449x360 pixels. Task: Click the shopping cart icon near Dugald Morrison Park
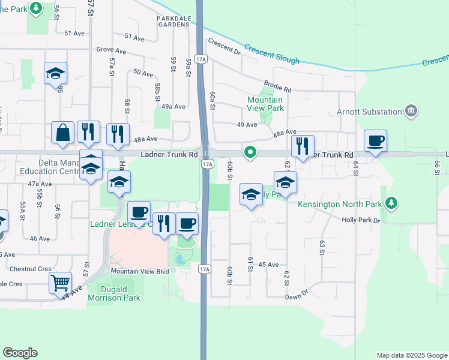tap(60, 281)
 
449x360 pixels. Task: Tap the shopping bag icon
tap(63, 133)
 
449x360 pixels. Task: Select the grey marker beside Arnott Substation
tap(411, 110)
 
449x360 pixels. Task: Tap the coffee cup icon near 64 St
tap(375, 141)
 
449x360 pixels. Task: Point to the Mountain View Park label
tap(266, 104)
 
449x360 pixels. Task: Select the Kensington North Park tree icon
tap(391, 203)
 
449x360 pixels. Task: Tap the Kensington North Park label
tap(340, 204)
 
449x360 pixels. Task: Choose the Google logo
tap(20, 353)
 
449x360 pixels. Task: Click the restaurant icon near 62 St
tap(301, 145)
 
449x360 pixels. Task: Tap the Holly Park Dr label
tap(361, 220)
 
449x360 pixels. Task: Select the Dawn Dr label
tap(297, 294)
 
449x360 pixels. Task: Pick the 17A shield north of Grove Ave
tap(204, 58)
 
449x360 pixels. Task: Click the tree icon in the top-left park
tap(37, 8)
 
